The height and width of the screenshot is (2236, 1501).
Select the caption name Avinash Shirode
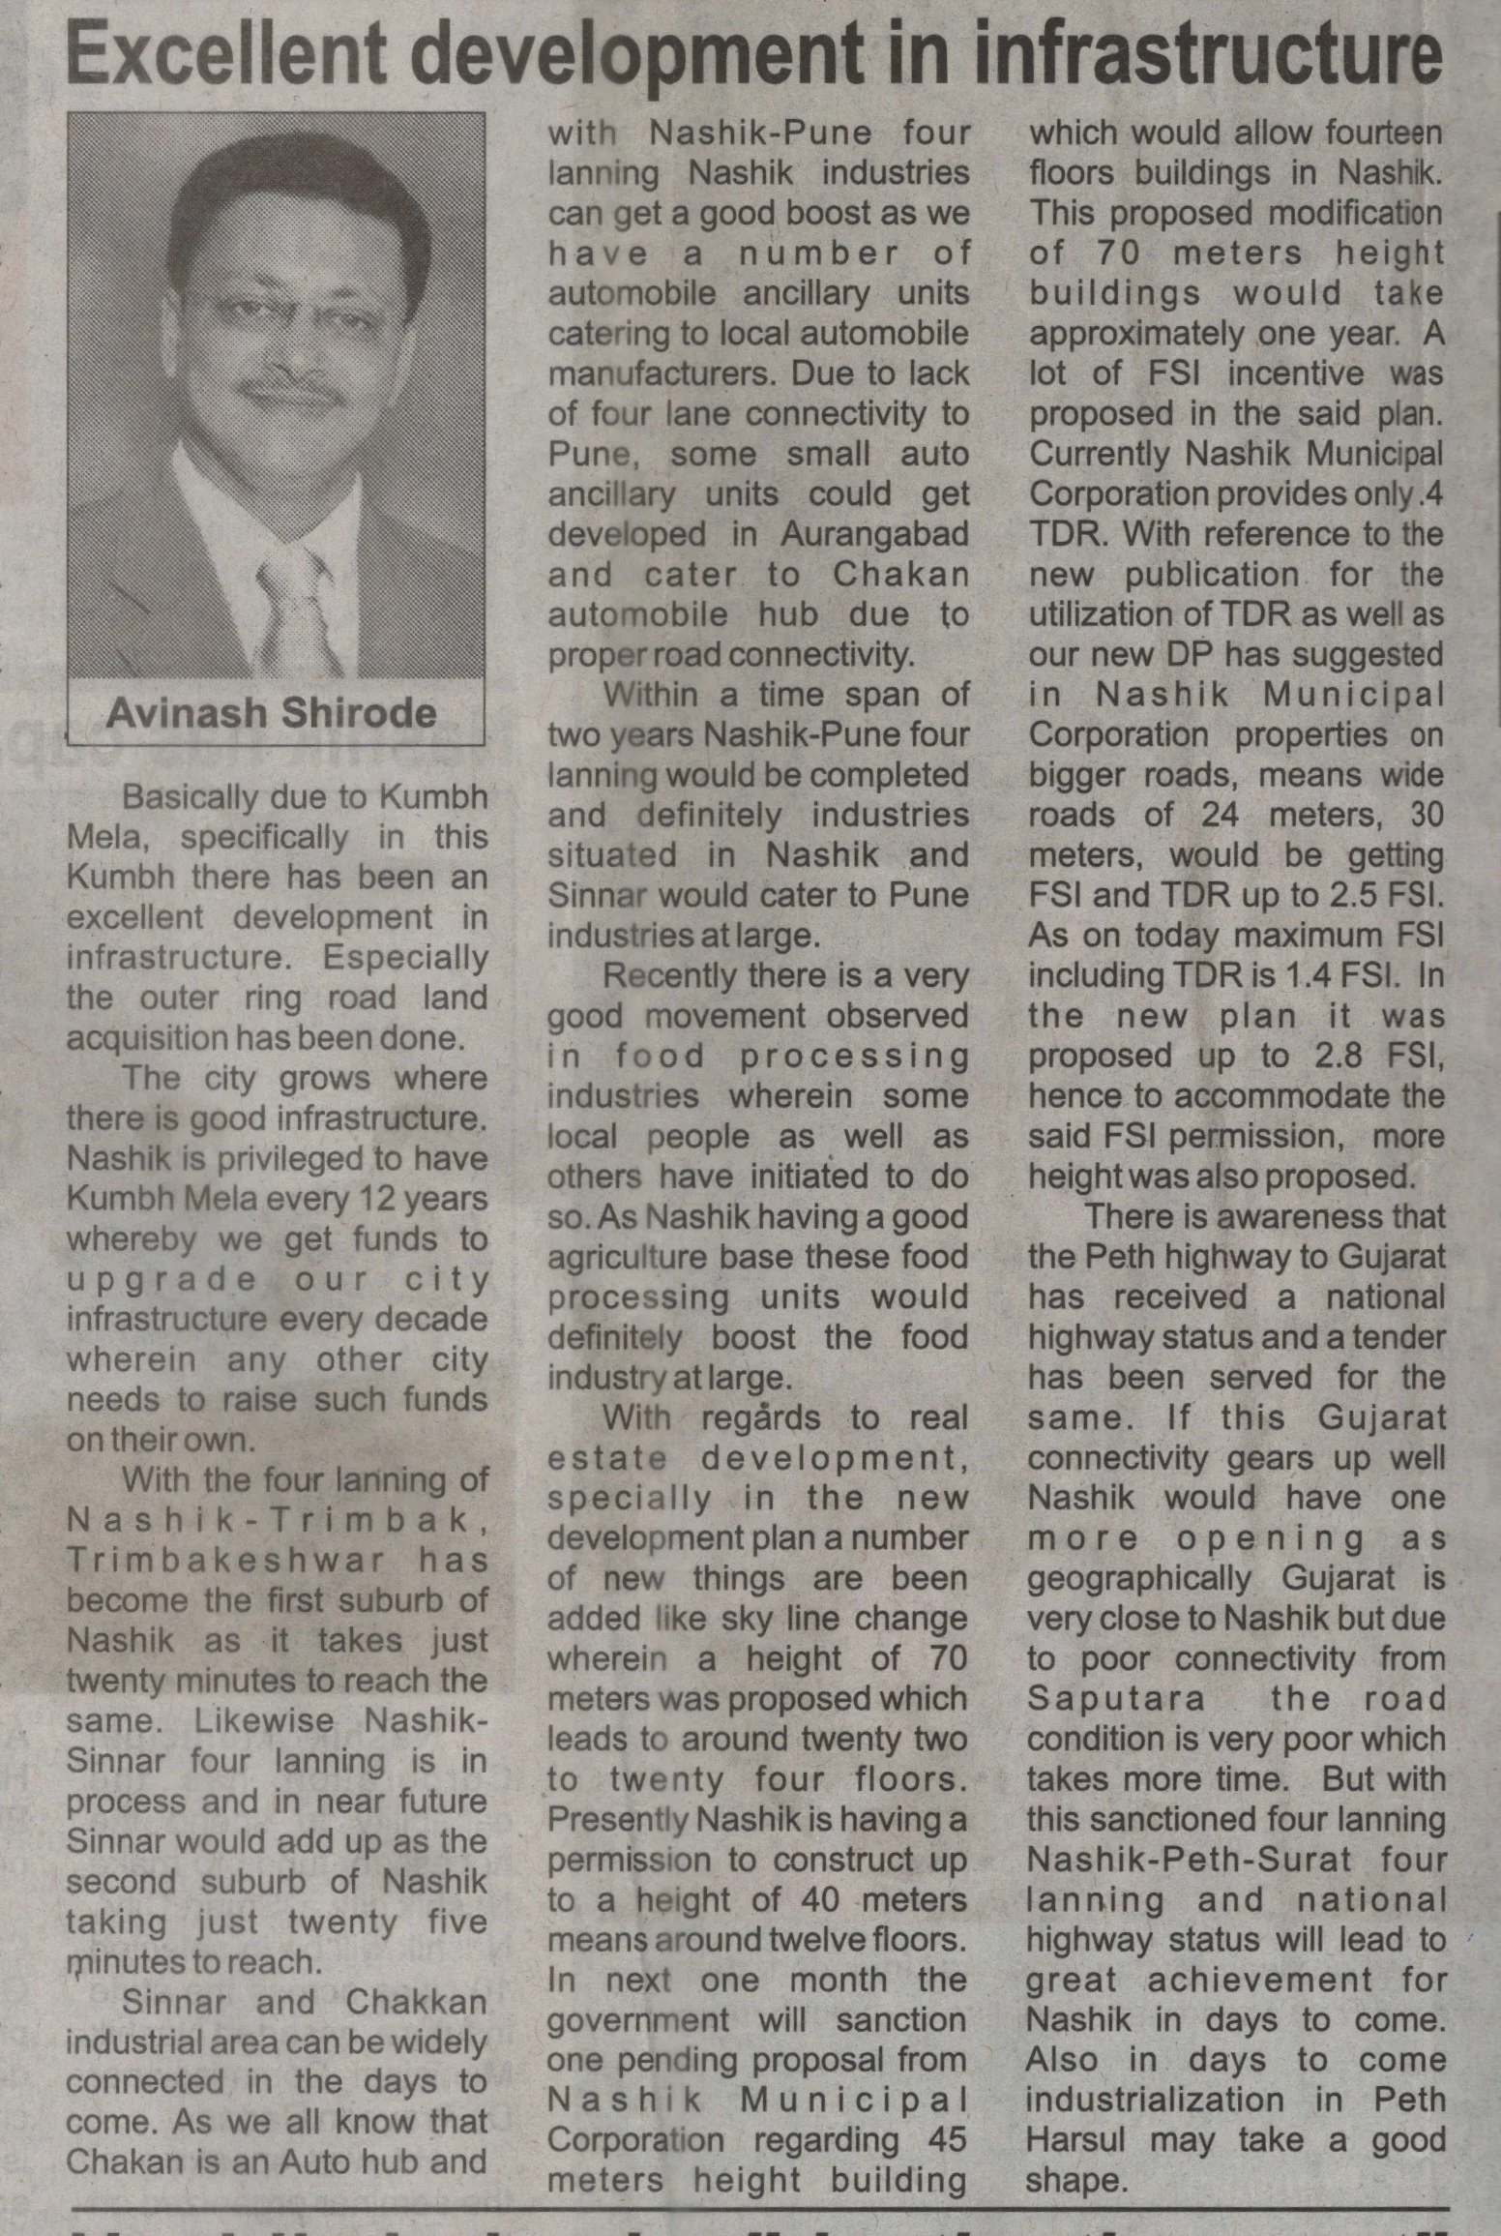pos(272,713)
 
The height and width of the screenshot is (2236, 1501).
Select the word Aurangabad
pos(874,534)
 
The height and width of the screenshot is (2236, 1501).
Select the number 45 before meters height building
pos(947,2140)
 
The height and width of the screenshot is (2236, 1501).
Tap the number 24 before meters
pos(1221,815)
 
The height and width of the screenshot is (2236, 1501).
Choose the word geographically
pos(1139,1578)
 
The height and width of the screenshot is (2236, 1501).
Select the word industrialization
pos(1155,2101)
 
